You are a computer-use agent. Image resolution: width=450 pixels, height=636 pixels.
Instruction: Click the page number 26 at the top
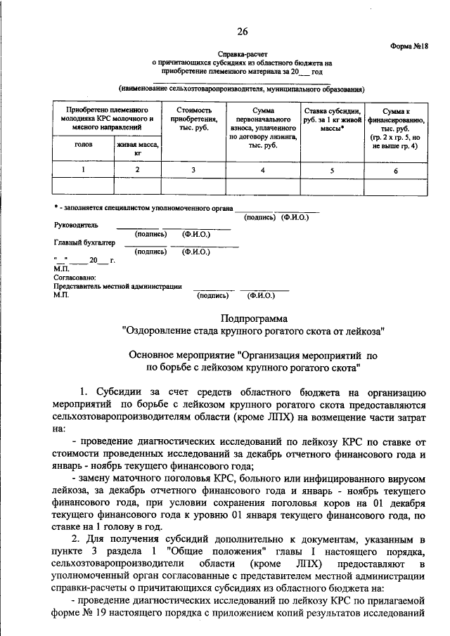tap(243, 32)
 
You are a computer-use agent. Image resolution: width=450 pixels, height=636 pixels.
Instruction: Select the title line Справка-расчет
tap(243, 53)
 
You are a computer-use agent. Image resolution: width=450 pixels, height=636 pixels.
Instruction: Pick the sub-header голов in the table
tap(83, 144)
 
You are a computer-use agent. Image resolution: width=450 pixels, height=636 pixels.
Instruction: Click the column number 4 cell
tap(262, 170)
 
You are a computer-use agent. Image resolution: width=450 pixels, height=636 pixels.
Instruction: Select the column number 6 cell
tap(395, 171)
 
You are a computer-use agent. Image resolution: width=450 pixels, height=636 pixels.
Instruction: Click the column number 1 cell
tap(83, 170)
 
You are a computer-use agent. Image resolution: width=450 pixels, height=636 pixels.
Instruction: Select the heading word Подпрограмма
tap(254, 318)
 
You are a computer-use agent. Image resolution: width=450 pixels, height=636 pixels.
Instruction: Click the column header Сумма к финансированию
tap(395, 124)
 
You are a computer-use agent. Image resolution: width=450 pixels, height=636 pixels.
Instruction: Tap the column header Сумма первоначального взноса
tap(262, 124)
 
